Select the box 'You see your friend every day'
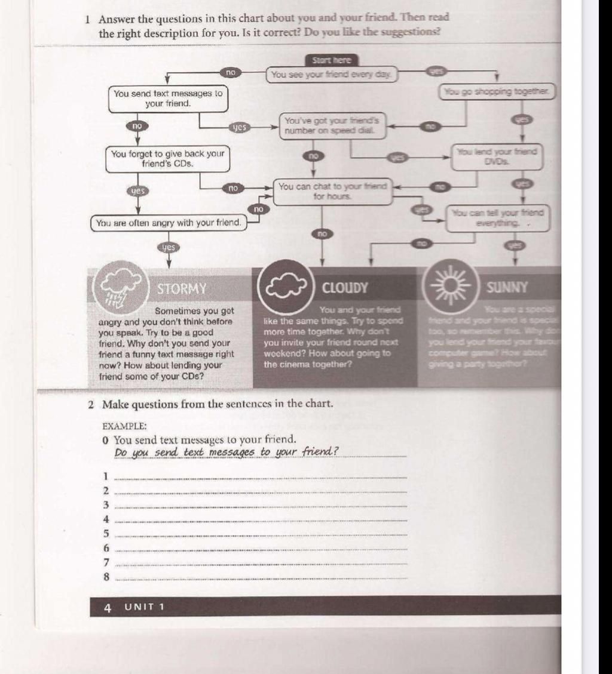tap(332, 75)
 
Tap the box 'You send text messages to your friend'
tap(168, 99)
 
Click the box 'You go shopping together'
tap(497, 92)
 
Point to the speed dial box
tap(332, 126)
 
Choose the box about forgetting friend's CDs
tap(168, 159)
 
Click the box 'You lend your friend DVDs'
tap(497, 156)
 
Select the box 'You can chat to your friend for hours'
tap(332, 192)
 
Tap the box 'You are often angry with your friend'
tap(169, 223)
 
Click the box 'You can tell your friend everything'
tap(497, 218)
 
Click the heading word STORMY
tap(182, 289)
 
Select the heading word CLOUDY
tap(345, 288)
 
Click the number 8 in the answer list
tap(106, 577)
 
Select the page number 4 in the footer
tap(108, 608)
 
